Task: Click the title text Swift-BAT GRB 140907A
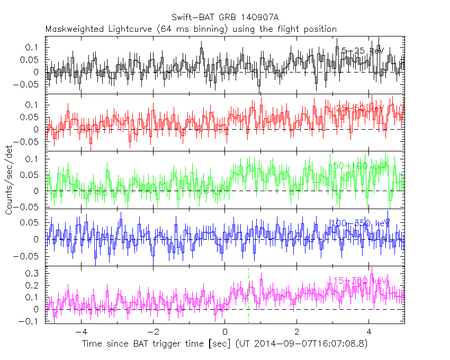point(224,17)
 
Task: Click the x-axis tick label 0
point(225,332)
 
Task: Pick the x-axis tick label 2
point(297,332)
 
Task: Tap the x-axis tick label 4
point(369,332)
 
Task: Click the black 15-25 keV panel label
point(362,51)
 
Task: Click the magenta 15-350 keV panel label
point(361,281)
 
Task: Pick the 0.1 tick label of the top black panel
point(32,48)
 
